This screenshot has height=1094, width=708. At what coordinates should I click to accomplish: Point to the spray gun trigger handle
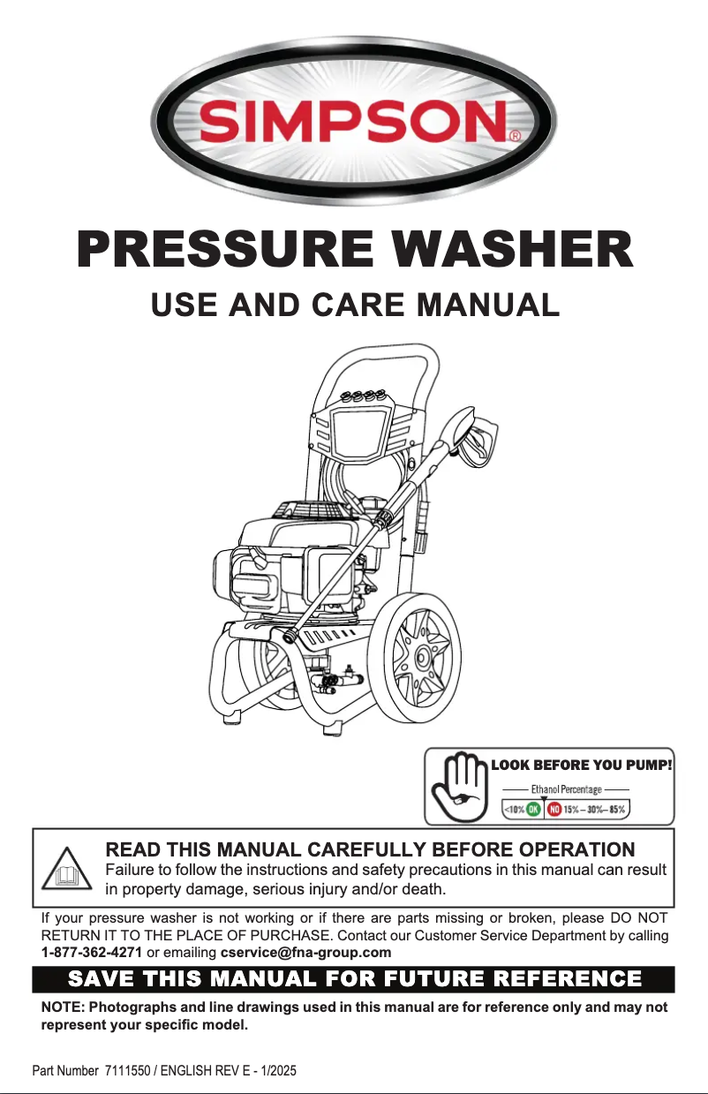[x=477, y=439]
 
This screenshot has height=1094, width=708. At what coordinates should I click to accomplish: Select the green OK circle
[x=533, y=809]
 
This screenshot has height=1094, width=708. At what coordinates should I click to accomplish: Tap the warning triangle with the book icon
[x=67, y=871]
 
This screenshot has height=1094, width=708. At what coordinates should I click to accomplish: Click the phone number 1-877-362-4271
[x=92, y=952]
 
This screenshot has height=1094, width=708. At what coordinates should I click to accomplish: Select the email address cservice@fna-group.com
[x=305, y=952]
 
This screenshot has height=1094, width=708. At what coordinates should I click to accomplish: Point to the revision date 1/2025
[x=276, y=1071]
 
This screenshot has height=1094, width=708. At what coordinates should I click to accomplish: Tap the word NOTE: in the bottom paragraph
[x=62, y=1007]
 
